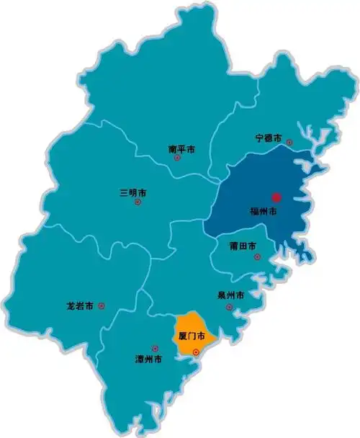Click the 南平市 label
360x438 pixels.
[182, 150]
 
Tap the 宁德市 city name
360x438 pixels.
[269, 138]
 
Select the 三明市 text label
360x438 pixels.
[133, 193]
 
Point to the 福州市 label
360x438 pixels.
[264, 212]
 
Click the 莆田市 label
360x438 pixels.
[243, 246]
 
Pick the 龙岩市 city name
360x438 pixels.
[80, 306]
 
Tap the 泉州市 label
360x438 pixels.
[230, 295]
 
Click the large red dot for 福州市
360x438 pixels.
[274, 197]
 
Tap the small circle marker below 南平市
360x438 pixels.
[177, 158]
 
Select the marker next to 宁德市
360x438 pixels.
[288, 142]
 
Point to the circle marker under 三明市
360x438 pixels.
[138, 202]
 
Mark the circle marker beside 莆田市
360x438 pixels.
[262, 247]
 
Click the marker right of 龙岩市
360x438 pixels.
[101, 306]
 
